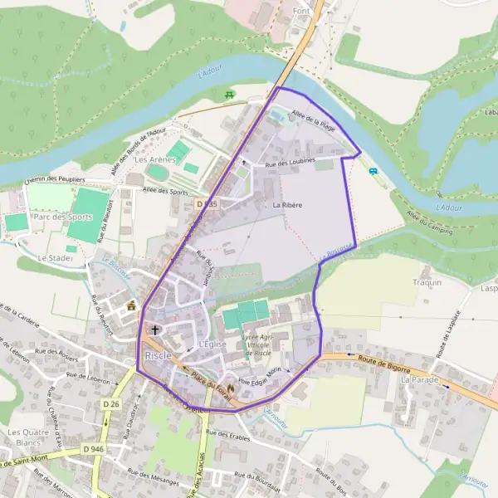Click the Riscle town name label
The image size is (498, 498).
click(x=159, y=355)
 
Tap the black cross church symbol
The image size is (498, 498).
click(x=155, y=330)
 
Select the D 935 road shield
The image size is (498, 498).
click(x=207, y=203)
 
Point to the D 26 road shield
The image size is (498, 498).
click(x=114, y=404)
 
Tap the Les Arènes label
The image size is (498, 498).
click(x=155, y=159)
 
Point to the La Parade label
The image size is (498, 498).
click(x=419, y=378)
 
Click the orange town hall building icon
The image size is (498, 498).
click(x=131, y=306)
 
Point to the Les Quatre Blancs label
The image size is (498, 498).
click(x=24, y=437)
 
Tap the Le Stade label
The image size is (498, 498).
click(x=55, y=258)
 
